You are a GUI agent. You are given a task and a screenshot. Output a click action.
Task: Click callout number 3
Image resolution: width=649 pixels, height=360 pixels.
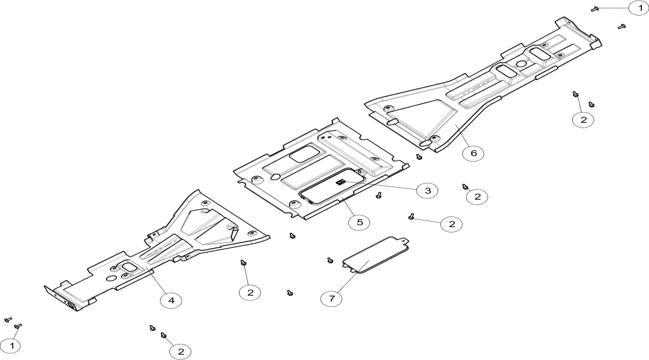(x=427, y=191)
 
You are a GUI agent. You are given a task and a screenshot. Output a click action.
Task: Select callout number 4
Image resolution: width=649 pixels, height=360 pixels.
(x=171, y=300)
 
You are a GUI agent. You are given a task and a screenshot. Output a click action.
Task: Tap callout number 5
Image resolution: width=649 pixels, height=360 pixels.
(x=359, y=222)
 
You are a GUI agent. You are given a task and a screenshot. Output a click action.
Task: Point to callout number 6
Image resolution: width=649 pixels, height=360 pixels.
(x=473, y=153)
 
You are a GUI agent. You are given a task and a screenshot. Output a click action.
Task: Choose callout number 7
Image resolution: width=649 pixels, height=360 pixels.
(x=331, y=299)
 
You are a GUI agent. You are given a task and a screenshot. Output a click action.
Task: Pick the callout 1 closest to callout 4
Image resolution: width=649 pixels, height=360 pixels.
(x=10, y=346)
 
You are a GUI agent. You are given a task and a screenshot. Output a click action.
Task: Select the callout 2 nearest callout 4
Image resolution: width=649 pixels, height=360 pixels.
(x=180, y=352)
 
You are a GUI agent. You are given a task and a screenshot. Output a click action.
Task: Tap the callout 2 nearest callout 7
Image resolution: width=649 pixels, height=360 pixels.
(x=250, y=292)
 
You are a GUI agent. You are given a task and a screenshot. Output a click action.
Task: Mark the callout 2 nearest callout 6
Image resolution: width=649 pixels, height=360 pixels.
(x=477, y=197)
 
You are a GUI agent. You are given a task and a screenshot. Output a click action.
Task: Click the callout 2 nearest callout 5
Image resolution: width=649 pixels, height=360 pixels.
(x=452, y=224)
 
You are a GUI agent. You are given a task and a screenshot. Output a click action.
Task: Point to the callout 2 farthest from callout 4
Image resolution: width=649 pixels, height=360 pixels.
(x=583, y=120)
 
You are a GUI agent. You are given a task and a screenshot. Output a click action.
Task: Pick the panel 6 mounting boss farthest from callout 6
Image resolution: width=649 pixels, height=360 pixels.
(x=388, y=109)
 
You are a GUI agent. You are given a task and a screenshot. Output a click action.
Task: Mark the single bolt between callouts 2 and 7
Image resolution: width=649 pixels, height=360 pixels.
(x=290, y=292)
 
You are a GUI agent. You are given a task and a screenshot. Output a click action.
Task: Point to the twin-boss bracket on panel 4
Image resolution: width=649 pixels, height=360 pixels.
(x=124, y=271)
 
